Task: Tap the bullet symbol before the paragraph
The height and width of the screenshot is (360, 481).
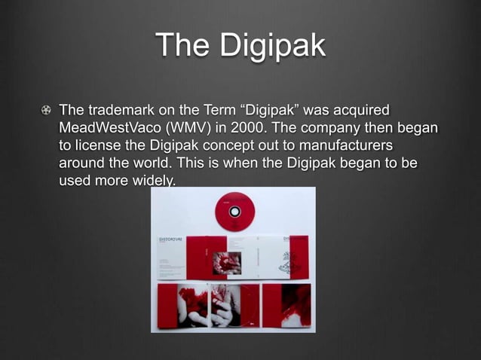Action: click(x=48, y=111)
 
